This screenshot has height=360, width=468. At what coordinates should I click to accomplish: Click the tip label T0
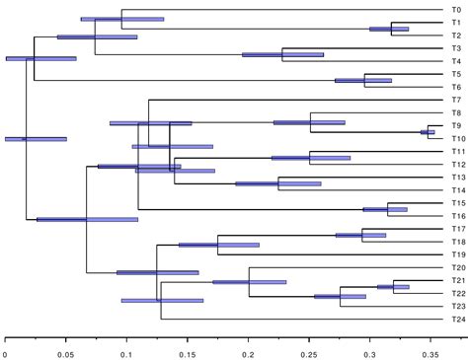click(x=456, y=10)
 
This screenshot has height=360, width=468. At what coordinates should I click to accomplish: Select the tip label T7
click(x=456, y=100)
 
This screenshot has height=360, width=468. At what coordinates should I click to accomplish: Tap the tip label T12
click(x=458, y=164)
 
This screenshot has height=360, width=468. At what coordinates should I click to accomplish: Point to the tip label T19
click(x=458, y=254)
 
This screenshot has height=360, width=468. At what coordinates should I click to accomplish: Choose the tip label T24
click(x=458, y=319)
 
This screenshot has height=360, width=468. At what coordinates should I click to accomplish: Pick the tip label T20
click(x=458, y=267)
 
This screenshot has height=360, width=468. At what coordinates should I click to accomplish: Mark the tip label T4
click(x=456, y=61)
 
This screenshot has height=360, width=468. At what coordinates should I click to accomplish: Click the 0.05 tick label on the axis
click(x=66, y=349)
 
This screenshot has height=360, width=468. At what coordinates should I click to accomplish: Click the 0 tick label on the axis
click(x=5, y=349)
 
